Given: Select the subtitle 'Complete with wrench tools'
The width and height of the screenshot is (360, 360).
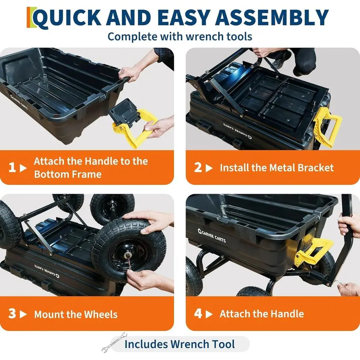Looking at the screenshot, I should click(x=180, y=36).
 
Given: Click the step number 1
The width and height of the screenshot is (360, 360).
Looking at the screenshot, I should click(x=12, y=168).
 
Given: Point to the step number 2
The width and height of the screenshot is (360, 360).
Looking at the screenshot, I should click(x=198, y=168).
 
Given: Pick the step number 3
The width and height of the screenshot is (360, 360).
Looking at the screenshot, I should click(x=12, y=314).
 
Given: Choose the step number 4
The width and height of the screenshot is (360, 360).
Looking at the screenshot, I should click(x=198, y=314).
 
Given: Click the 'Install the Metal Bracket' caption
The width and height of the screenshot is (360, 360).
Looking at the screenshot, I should click(x=276, y=168).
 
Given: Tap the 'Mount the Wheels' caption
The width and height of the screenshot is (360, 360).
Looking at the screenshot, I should click(x=76, y=314).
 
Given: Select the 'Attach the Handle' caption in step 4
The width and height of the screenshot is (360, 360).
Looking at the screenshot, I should click(x=262, y=314).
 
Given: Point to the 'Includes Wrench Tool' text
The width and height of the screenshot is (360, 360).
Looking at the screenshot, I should click(x=179, y=344).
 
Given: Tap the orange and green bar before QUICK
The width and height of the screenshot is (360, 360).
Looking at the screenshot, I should click(x=30, y=17).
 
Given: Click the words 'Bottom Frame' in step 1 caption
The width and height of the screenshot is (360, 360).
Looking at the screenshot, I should click(x=68, y=175).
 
